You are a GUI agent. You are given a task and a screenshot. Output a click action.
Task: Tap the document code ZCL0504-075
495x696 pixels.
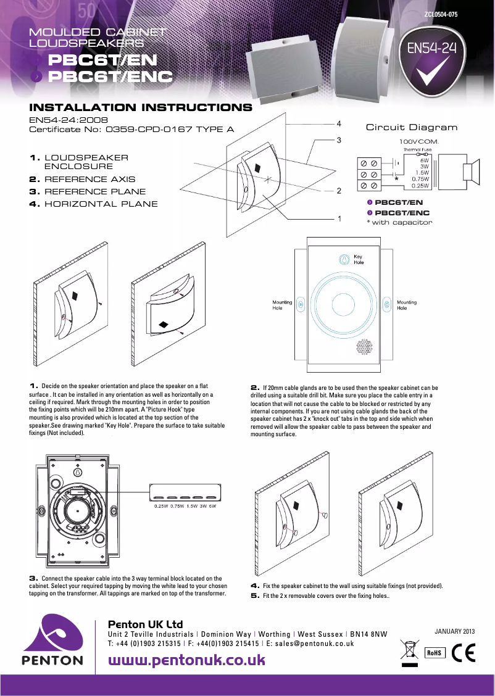[441, 14]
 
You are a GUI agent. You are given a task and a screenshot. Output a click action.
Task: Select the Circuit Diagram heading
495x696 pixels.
[412, 128]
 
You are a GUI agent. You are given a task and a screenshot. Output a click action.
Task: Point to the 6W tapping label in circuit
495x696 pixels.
[424, 160]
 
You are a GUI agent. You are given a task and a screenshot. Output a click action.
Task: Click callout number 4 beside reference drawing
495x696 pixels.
[339, 123]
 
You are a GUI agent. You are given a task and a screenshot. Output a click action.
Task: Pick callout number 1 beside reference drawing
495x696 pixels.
[339, 218]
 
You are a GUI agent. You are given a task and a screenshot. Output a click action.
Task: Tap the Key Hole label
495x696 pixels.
[359, 259]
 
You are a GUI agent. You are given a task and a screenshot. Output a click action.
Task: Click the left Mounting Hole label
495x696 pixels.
[282, 305]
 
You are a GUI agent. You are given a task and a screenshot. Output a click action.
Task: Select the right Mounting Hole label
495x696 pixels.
[406, 305]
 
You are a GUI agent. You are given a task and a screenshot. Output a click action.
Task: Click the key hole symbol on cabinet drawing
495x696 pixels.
[344, 259]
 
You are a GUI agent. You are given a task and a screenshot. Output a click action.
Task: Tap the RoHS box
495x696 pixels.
[435, 653]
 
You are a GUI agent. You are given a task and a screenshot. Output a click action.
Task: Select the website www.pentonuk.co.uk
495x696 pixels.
[186, 660]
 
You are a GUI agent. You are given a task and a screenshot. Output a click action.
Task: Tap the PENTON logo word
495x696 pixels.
[52, 660]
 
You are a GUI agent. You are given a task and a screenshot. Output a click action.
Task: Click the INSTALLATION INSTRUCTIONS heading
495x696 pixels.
[141, 107]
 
